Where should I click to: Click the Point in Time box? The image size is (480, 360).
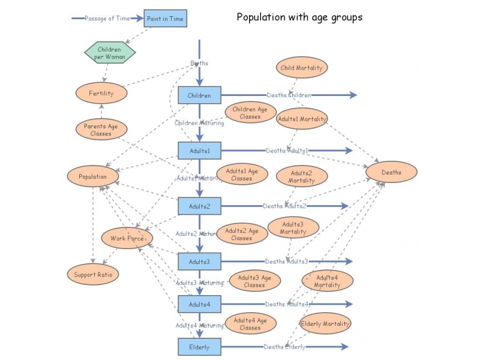(166, 19)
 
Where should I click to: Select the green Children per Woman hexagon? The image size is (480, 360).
(109, 53)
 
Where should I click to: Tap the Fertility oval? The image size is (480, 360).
(101, 93)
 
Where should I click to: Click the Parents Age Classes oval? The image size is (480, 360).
(101, 130)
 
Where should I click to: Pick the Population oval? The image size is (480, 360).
(92, 176)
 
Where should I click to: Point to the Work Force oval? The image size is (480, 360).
(127, 238)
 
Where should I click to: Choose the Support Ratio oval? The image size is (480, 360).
(92, 274)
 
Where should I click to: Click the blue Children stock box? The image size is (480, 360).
(199, 95)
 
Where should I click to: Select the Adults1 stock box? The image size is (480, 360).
(199, 151)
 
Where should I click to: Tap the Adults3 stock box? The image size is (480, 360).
(199, 262)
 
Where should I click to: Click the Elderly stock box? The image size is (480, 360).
(199, 347)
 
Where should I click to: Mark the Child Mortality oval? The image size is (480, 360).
(301, 68)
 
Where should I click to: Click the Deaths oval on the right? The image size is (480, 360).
(391, 172)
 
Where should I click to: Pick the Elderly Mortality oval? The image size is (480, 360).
(325, 323)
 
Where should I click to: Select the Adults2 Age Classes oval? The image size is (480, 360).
(242, 234)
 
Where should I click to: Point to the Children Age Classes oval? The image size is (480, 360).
(250, 113)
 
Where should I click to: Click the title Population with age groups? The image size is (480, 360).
(299, 17)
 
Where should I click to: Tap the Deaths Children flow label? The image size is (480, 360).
(289, 95)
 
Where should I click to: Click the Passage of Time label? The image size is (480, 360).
(107, 19)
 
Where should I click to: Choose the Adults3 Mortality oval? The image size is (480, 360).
(293, 228)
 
